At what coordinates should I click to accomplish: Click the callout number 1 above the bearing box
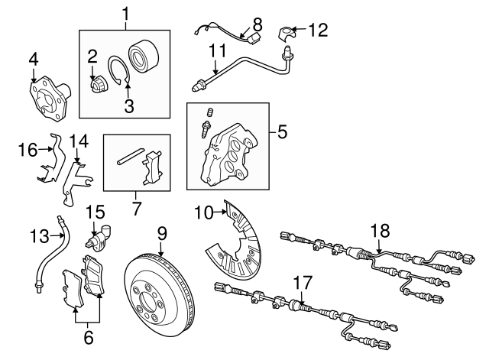click(x=127, y=14)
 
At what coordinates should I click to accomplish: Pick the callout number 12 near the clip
click(x=319, y=30)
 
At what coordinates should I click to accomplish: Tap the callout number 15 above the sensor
click(x=95, y=212)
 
